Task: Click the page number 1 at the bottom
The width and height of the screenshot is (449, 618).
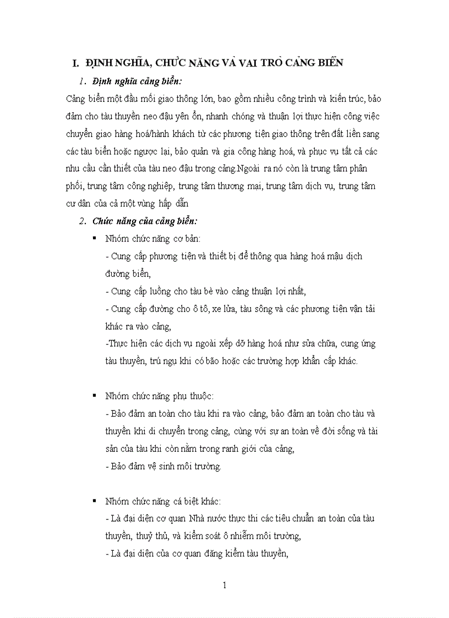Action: pyautogui.click(x=225, y=585)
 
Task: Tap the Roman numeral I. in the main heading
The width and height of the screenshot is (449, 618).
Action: pyautogui.click(x=70, y=63)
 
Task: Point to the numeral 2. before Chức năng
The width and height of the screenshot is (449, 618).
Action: pyautogui.click(x=83, y=221)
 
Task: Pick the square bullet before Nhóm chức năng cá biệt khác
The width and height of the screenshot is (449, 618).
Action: pyautogui.click(x=95, y=500)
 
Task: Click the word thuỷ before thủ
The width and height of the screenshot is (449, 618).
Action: pyautogui.click(x=149, y=535)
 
